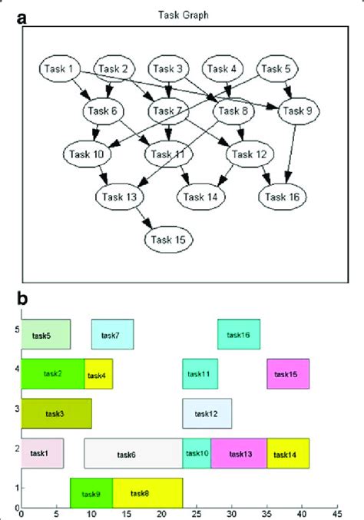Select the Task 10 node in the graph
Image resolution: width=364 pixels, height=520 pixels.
[88, 154]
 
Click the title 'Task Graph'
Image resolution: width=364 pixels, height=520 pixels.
[183, 14]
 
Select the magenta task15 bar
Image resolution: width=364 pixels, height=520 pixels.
[287, 374]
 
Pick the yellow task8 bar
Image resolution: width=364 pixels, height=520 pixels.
[147, 493]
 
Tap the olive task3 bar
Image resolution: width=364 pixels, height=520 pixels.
[56, 414]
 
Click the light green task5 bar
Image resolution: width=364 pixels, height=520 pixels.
[45, 335]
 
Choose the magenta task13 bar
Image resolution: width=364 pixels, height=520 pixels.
[238, 454]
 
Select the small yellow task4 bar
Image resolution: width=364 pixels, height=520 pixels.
[98, 374]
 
